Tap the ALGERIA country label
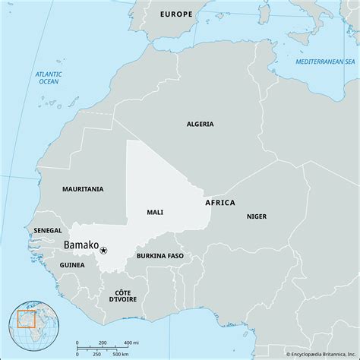coord(201,124)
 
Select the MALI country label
coord(154,212)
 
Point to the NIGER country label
coord(257,216)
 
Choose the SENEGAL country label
coord(48,229)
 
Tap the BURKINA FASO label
coord(161,257)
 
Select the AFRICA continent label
coord(220,203)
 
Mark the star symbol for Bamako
coord(103,250)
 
